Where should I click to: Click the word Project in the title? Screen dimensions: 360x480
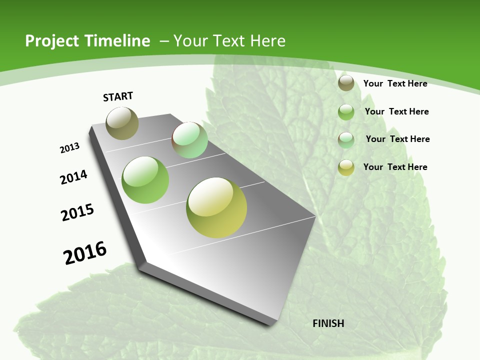tap(51, 41)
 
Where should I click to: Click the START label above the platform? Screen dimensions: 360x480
tap(118, 96)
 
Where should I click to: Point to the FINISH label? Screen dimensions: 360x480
tap(328, 323)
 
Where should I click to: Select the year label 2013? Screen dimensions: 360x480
tap(69, 148)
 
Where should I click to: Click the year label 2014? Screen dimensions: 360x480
tap(73, 177)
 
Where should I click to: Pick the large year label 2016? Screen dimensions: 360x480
tap(85, 253)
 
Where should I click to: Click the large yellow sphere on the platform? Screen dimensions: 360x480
tap(216, 207)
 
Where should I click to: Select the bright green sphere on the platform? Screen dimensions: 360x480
tap(145, 180)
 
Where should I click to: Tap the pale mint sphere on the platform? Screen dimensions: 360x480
tap(190, 140)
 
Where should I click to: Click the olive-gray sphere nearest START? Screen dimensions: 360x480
tap(122, 123)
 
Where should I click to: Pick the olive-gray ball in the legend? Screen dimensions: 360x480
tap(346, 83)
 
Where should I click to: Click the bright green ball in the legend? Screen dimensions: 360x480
tap(346, 112)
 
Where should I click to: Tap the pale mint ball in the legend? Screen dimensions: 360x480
tap(346, 139)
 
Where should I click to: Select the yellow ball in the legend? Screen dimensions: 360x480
tap(346, 167)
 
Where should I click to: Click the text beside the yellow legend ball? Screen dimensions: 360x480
tap(395, 167)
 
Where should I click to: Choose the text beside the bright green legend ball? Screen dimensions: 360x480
tap(396, 111)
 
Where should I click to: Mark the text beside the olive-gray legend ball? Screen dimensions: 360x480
tap(395, 83)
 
